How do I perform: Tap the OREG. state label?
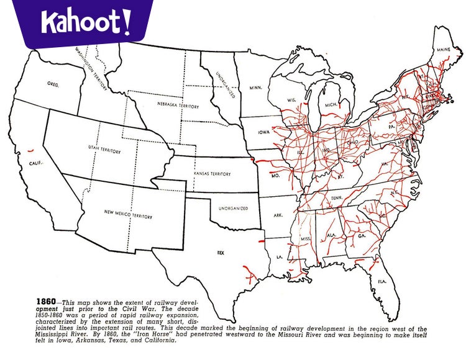(53, 84)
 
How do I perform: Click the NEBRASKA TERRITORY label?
(178, 106)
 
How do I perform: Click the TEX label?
(220, 253)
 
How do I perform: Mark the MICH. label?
(330, 105)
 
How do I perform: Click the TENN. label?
(337, 197)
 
